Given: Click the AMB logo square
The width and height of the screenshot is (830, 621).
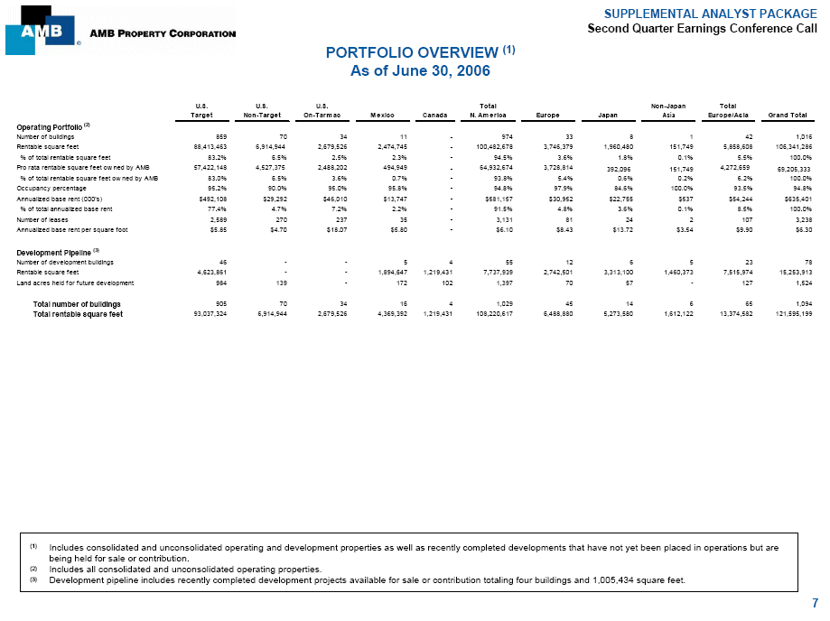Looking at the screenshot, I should click(x=40, y=28).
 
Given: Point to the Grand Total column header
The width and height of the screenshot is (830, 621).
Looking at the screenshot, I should click(x=787, y=115).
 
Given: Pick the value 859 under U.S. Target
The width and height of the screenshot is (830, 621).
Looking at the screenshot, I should click(x=206, y=134).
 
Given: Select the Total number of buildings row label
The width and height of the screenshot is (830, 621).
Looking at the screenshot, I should click(x=77, y=304).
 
